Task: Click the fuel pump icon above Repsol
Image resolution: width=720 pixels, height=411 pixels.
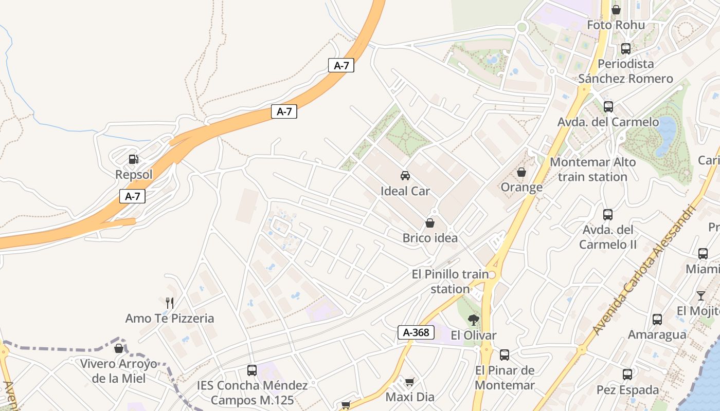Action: [134, 159]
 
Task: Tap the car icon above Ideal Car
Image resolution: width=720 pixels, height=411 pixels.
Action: [405, 176]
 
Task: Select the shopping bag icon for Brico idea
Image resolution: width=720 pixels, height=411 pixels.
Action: [430, 223]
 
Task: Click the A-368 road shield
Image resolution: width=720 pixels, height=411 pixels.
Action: [413, 332]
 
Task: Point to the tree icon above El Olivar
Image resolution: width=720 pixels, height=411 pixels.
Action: [474, 320]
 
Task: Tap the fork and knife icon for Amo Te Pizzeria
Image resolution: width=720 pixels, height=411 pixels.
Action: [170, 303]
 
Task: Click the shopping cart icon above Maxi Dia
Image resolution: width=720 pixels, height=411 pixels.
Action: [410, 382]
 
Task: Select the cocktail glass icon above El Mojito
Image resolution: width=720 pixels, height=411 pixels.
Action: [701, 295]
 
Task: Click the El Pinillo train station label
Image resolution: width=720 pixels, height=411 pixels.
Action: [451, 282]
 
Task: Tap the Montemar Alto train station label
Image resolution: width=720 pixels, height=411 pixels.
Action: [592, 170]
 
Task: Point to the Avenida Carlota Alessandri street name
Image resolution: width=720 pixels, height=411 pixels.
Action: [643, 270]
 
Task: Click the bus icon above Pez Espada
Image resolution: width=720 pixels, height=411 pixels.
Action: [627, 375]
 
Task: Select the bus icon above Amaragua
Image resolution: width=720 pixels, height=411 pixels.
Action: [657, 320]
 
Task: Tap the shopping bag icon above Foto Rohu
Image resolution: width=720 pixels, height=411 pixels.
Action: [616, 10]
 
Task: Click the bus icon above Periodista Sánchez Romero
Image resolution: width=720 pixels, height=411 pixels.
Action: [626, 49]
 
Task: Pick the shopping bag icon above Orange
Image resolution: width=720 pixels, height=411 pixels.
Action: [521, 172]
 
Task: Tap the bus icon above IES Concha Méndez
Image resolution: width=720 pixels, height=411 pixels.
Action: [252, 370]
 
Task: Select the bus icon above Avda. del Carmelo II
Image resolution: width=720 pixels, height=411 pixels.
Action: [608, 215]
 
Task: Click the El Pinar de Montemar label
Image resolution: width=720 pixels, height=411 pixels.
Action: [505, 378]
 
